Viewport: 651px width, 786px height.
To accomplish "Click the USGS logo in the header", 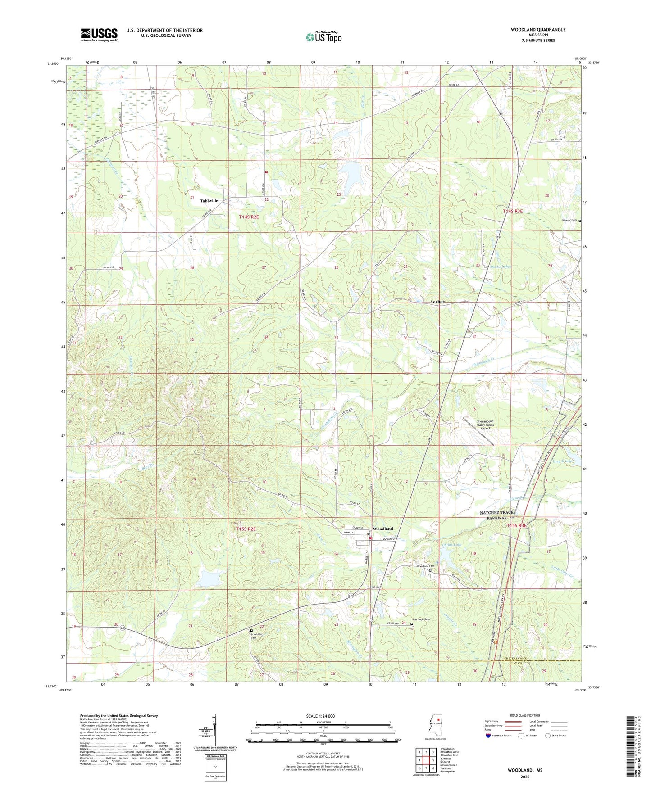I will (x=99, y=35).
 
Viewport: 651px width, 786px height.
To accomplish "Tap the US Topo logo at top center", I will (x=323, y=37).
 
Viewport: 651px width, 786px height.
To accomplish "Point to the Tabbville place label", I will (x=209, y=201).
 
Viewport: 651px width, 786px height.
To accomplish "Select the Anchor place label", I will (x=437, y=302).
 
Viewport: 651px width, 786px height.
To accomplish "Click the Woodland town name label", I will (x=382, y=529).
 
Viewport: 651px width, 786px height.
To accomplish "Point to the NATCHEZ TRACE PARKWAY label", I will (x=496, y=515).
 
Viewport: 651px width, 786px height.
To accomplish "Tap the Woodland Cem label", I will (x=425, y=566).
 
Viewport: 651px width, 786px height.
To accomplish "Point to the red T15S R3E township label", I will (x=516, y=525).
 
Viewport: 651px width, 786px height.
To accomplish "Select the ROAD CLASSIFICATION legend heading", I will (x=525, y=715).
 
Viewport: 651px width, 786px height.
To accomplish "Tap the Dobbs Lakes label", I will (x=500, y=267).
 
